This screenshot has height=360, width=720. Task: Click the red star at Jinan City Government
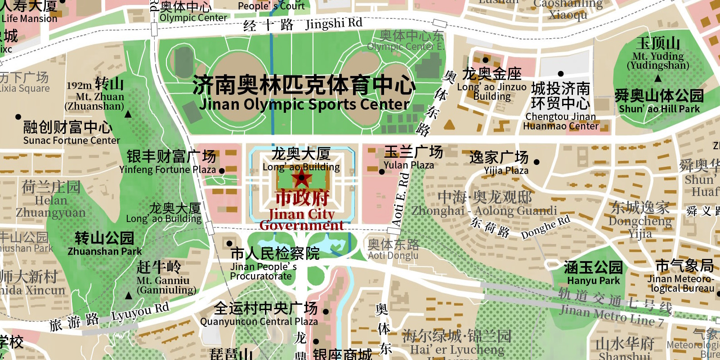(x=301, y=178)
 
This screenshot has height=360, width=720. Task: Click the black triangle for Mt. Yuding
(x=658, y=78)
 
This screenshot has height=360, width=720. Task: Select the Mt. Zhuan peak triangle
(x=128, y=114)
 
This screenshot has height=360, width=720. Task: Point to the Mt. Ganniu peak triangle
(x=129, y=296)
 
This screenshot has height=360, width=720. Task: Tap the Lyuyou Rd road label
(x=140, y=311)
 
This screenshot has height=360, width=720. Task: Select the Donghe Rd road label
(x=545, y=227)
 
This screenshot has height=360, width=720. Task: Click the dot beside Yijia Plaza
(x=537, y=162)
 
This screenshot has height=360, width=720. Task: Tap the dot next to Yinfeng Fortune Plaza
(x=222, y=171)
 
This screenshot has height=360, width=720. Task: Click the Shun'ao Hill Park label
(x=659, y=102)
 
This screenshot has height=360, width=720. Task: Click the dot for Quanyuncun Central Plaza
(x=326, y=311)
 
